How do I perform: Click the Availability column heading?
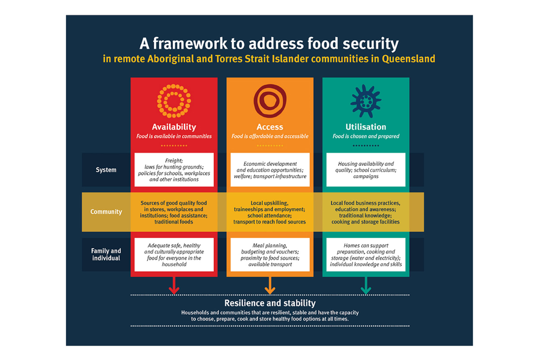(174, 127)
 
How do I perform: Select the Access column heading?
(270, 127)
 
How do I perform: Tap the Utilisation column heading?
(366, 127)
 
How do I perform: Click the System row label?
(106, 170)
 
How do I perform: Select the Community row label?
(106, 212)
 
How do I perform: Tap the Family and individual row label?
(106, 255)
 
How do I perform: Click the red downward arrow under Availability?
(174, 285)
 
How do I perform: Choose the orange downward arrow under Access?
(270, 285)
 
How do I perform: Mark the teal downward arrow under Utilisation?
(366, 285)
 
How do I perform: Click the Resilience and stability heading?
(270, 303)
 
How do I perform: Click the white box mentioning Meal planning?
(270, 255)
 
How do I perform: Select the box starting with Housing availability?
(366, 170)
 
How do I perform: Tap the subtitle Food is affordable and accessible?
(270, 136)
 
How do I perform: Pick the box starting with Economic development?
(270, 170)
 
